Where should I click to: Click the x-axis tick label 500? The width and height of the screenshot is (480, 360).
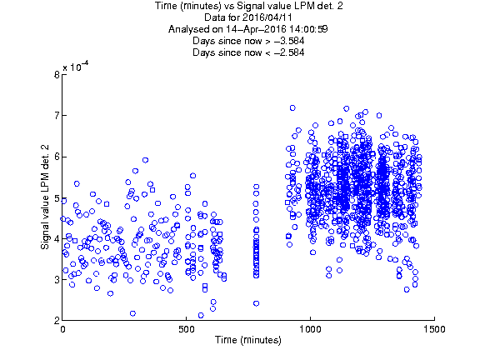point(186,329)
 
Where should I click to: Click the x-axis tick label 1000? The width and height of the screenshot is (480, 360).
point(310,329)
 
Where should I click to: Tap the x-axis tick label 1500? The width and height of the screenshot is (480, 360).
point(434,329)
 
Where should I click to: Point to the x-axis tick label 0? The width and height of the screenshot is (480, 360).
point(62,329)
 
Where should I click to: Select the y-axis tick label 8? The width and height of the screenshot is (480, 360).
point(57,75)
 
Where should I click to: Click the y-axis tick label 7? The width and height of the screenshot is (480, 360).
point(57,116)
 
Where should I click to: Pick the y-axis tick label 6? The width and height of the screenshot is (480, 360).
point(57,157)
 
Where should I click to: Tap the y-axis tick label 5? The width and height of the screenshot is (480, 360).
point(57,197)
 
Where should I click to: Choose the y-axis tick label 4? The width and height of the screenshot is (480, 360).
point(57,239)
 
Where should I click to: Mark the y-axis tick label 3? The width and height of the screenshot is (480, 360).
point(57,280)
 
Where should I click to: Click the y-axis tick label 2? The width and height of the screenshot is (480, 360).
point(57,321)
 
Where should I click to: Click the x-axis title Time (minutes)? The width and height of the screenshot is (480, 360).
point(248,340)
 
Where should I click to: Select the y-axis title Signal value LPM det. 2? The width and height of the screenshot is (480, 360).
point(45,197)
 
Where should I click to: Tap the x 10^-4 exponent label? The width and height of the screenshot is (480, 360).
point(76,67)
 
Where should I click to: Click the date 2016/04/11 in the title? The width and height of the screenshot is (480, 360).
point(267,17)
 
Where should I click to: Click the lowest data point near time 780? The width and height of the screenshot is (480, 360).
point(256,303)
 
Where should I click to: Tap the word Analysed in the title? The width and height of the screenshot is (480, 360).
point(188,30)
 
